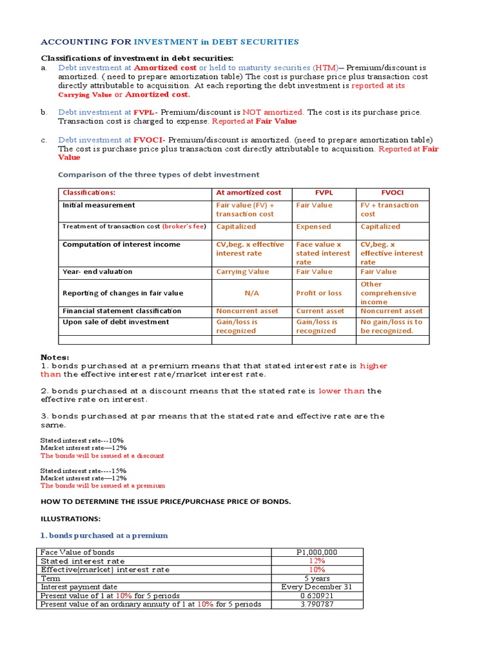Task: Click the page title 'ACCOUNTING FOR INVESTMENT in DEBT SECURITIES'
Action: [170, 42]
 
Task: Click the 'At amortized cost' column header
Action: [249, 192]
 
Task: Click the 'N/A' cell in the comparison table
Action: [251, 293]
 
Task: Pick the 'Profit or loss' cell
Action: [319, 293]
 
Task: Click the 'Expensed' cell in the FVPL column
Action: [313, 226]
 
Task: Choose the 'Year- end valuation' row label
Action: [97, 271]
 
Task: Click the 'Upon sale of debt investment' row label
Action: [115, 322]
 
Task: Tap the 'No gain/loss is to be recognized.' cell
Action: [391, 326]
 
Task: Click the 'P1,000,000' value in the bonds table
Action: [316, 552]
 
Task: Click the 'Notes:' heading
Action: [55, 357]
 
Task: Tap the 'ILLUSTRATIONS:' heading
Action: [71, 518]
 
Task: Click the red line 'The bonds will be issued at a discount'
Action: [102, 456]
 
